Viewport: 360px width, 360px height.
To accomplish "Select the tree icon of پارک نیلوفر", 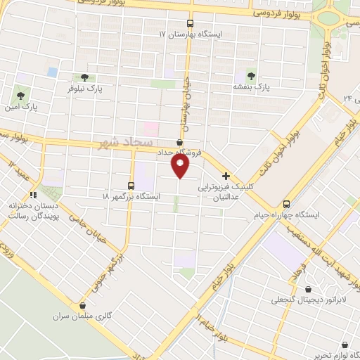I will [84, 77].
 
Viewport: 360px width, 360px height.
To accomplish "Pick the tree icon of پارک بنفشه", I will [252, 75].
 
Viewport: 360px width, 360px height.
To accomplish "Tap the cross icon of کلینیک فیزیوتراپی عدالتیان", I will [226, 176].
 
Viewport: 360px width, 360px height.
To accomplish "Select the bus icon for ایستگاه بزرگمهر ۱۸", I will [131, 185].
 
